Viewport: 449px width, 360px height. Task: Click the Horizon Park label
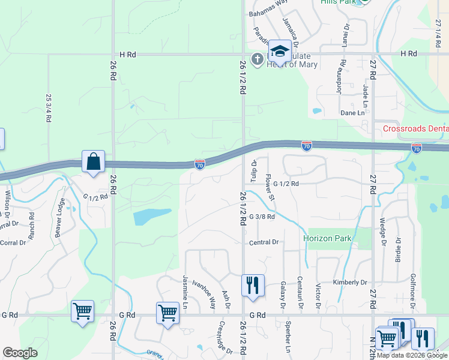point(327,238)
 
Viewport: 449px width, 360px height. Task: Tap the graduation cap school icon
point(279,52)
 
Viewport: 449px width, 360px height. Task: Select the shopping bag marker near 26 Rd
point(93,161)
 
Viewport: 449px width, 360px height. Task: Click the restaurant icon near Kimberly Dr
point(253,285)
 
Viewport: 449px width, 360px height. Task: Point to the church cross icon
point(258,59)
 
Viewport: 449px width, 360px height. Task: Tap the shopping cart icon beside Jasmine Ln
point(167,312)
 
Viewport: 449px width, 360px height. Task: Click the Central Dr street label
point(264,242)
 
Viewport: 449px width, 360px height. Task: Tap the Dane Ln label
point(352,113)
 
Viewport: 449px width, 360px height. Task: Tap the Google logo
point(20,353)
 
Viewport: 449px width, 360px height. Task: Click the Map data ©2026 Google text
point(412,355)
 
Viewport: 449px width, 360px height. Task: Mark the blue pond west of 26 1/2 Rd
point(151,216)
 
